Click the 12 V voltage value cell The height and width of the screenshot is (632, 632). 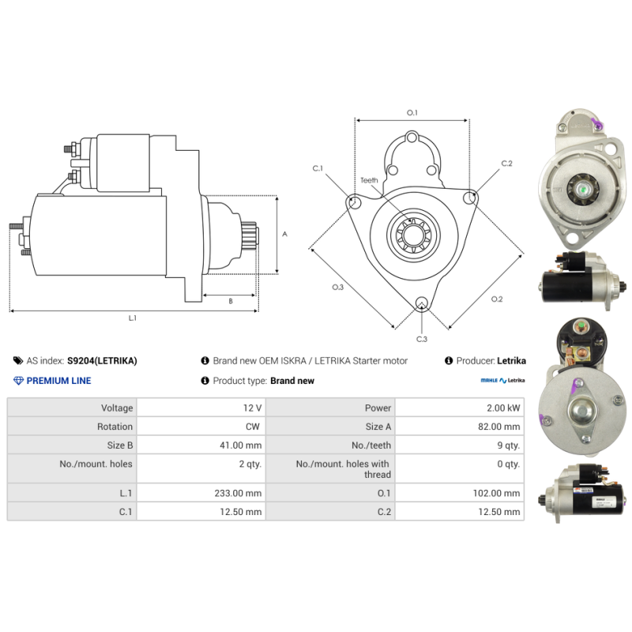pyautogui.click(x=252, y=408)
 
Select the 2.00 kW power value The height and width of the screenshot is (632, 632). pyautogui.click(x=503, y=408)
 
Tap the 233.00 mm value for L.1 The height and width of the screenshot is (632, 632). pyautogui.click(x=238, y=493)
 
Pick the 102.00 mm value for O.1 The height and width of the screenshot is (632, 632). pyautogui.click(x=497, y=493)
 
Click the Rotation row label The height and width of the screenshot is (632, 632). pyautogui.click(x=115, y=427)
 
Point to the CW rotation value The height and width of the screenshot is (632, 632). pyautogui.click(x=253, y=427)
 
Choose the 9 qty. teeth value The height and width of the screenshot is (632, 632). pyautogui.click(x=509, y=446)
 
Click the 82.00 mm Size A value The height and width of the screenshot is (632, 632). pyautogui.click(x=499, y=427)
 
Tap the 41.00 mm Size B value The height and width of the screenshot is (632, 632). pyautogui.click(x=241, y=446)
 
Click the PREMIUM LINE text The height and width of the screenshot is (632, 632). pyautogui.click(x=58, y=381)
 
